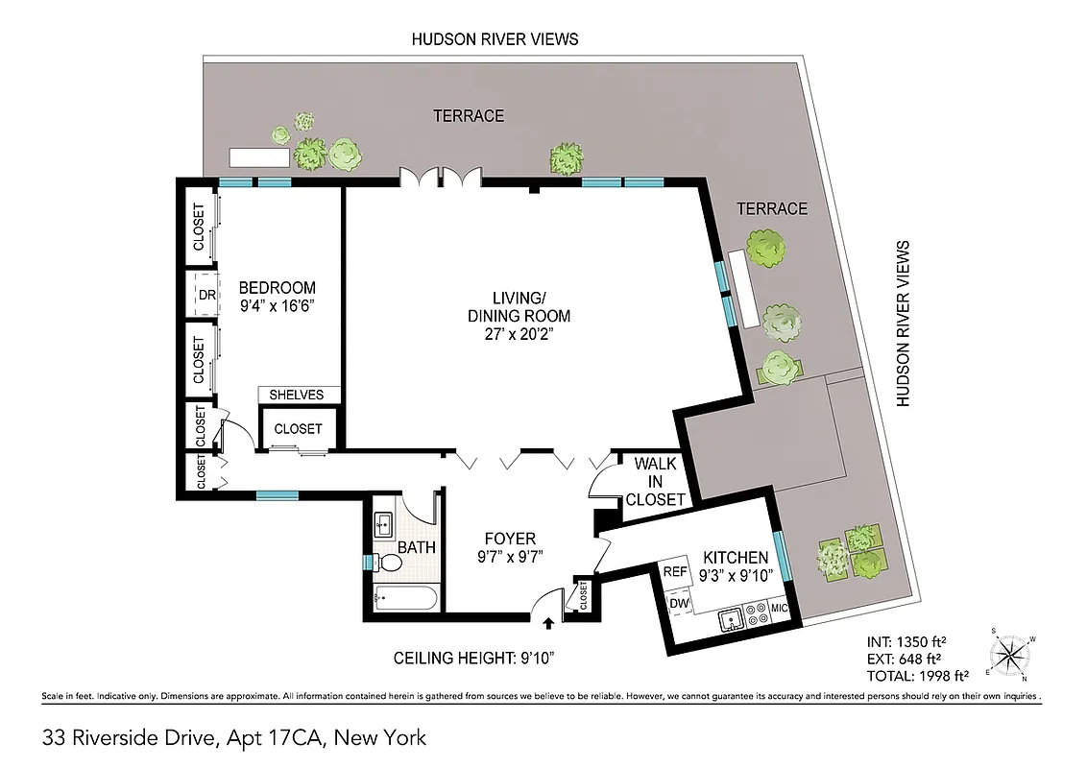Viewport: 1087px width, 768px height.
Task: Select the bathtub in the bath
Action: [x=405, y=599]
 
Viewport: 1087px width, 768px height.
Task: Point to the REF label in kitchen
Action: [x=676, y=572]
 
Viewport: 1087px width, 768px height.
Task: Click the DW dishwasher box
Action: [x=679, y=602]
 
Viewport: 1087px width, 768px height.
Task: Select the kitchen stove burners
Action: [x=756, y=612]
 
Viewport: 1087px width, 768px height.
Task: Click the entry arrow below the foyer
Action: [x=548, y=623]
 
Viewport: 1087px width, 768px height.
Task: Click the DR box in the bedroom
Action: [x=206, y=295]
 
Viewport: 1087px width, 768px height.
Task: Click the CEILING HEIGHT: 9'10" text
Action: [x=473, y=659]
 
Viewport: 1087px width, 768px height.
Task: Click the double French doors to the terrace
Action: [x=440, y=177]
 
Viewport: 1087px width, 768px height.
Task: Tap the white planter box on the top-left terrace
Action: [x=257, y=156]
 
